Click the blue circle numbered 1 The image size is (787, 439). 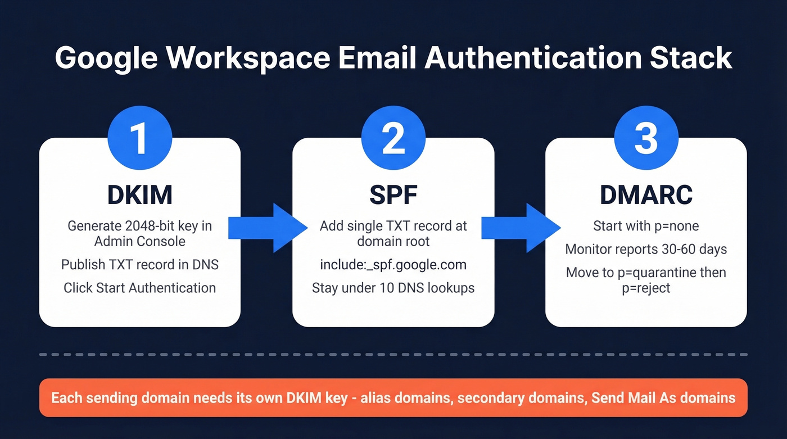coord(140,138)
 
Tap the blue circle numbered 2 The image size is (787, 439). coord(393,138)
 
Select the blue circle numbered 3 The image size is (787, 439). coord(646,138)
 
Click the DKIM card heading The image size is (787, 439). coord(140,194)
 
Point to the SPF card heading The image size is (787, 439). coord(393,194)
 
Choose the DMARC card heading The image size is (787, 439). coord(646,194)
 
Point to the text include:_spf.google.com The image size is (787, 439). coord(393,265)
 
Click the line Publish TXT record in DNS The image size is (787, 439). coord(140,265)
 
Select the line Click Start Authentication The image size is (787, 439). coord(140,288)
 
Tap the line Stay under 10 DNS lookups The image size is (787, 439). coord(393,288)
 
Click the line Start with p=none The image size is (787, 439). coord(646,226)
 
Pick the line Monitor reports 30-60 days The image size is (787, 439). coord(646,249)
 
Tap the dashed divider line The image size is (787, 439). coord(393,355)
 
